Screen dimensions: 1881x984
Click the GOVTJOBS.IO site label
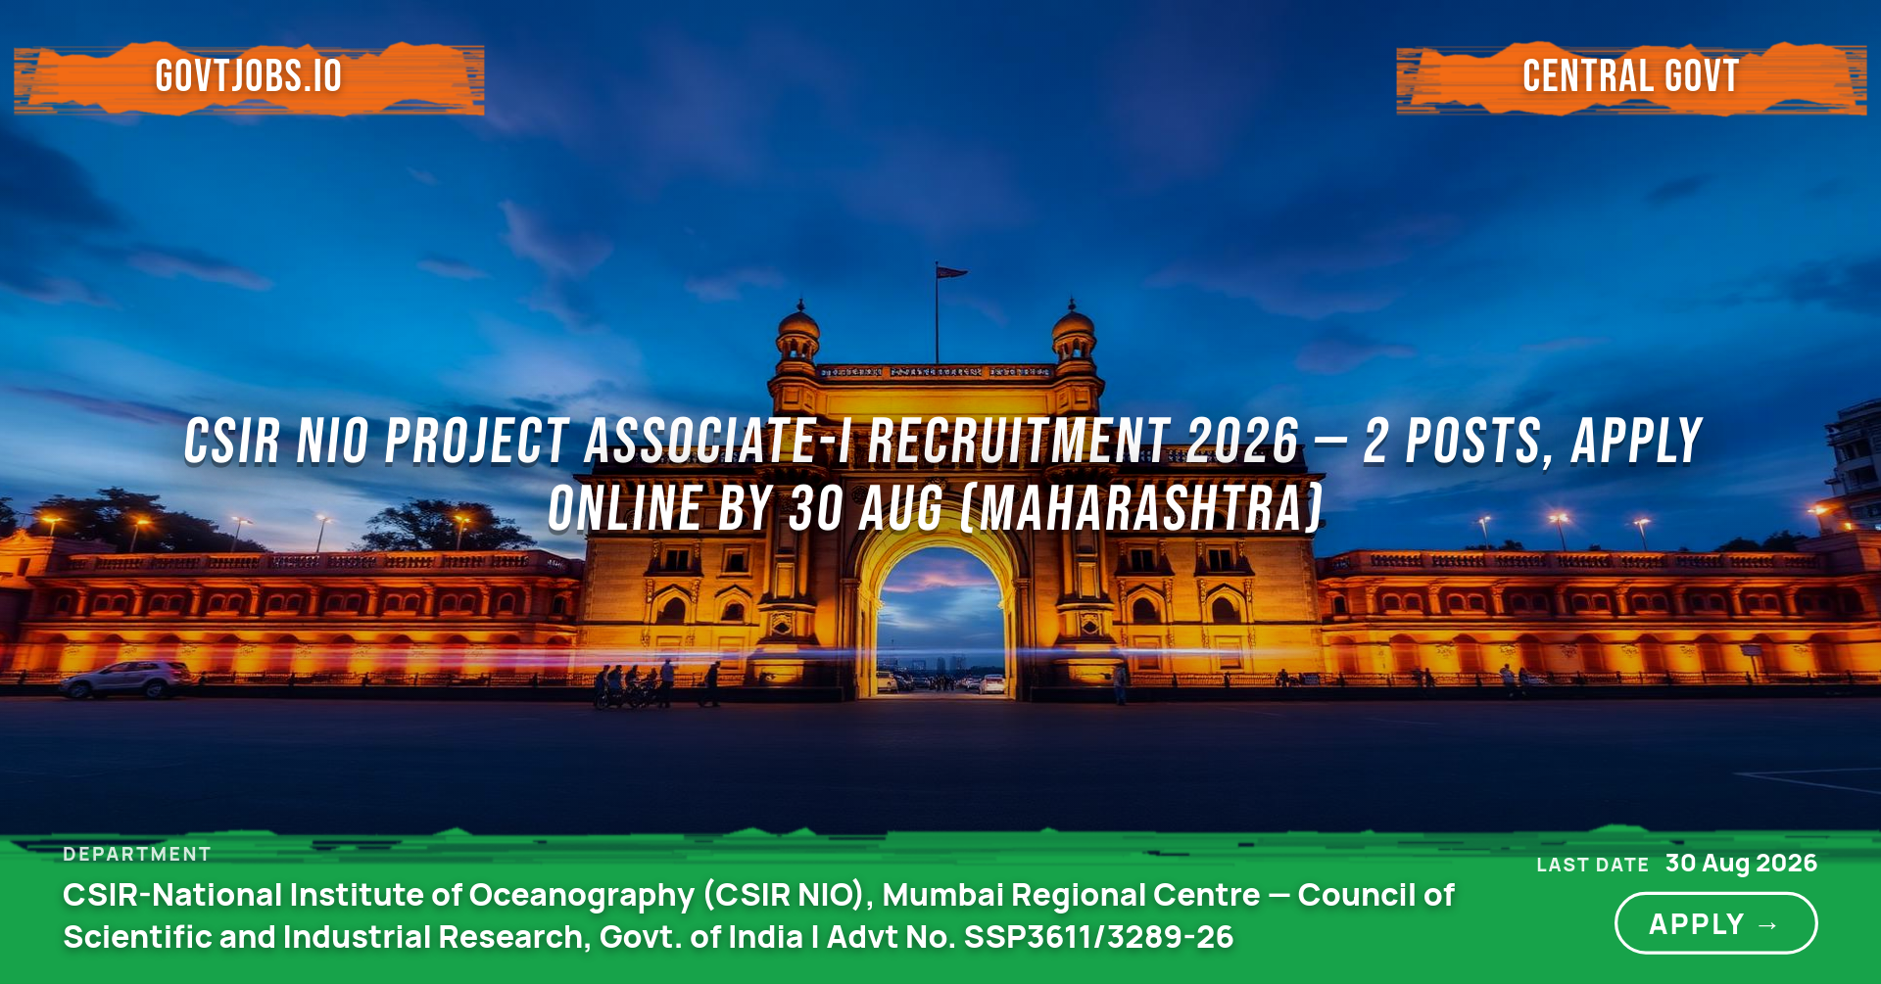click(249, 76)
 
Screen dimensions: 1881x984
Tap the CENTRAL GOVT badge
click(1631, 76)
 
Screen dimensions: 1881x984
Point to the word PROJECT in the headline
click(477, 441)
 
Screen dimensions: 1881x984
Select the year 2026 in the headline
click(1242, 441)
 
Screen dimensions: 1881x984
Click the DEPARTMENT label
click(137, 855)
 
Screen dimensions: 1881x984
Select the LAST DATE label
click(1593, 866)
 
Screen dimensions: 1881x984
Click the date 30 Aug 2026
click(1741, 864)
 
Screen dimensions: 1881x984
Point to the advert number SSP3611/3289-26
click(1098, 937)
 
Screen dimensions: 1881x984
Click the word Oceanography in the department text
click(582, 896)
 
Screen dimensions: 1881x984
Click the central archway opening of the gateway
click(941, 622)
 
